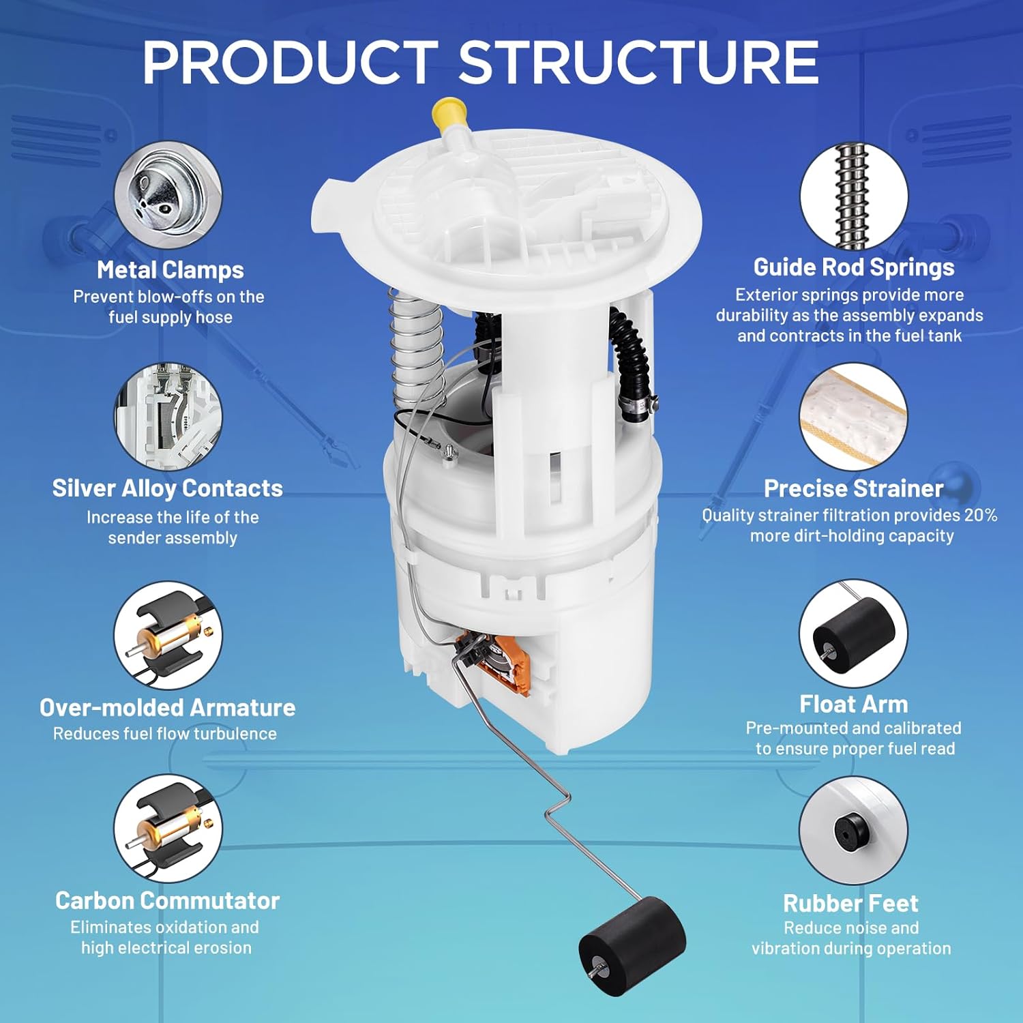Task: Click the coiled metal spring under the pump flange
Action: tap(416, 348)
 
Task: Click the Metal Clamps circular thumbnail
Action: tap(168, 195)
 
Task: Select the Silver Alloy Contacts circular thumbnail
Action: tap(168, 416)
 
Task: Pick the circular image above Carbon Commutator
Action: tap(168, 829)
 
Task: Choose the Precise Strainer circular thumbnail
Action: tap(853, 416)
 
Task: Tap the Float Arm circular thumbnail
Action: tap(853, 634)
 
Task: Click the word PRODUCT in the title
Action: tap(290, 63)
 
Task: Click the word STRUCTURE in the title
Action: tap(638, 63)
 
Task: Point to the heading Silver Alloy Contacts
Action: tap(168, 488)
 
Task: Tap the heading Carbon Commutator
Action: tap(168, 900)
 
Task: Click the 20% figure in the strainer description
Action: tap(980, 515)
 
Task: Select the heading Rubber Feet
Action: tap(850, 903)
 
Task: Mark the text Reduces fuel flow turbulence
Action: tap(165, 734)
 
